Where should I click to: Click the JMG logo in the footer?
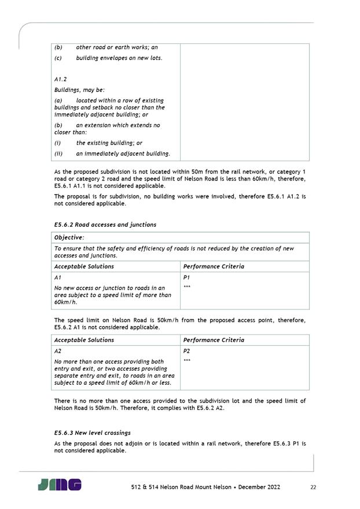click(x=60, y=485)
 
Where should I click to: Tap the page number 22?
click(x=313, y=487)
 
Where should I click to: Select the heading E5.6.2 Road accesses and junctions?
click(x=105, y=224)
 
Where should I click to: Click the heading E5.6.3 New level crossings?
click(x=92, y=432)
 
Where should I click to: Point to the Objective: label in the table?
click(x=69, y=237)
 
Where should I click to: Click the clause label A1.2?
click(x=61, y=79)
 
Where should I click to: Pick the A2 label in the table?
click(x=58, y=351)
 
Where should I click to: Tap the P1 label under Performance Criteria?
click(x=186, y=278)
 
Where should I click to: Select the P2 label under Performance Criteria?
click(x=186, y=351)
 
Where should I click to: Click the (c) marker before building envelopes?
click(x=58, y=58)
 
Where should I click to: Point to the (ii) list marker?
click(x=58, y=153)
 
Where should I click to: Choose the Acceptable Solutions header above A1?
click(x=84, y=266)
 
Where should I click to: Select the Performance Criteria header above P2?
click(x=214, y=340)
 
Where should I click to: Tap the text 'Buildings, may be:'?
click(x=79, y=90)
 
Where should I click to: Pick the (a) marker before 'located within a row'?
click(x=58, y=100)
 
